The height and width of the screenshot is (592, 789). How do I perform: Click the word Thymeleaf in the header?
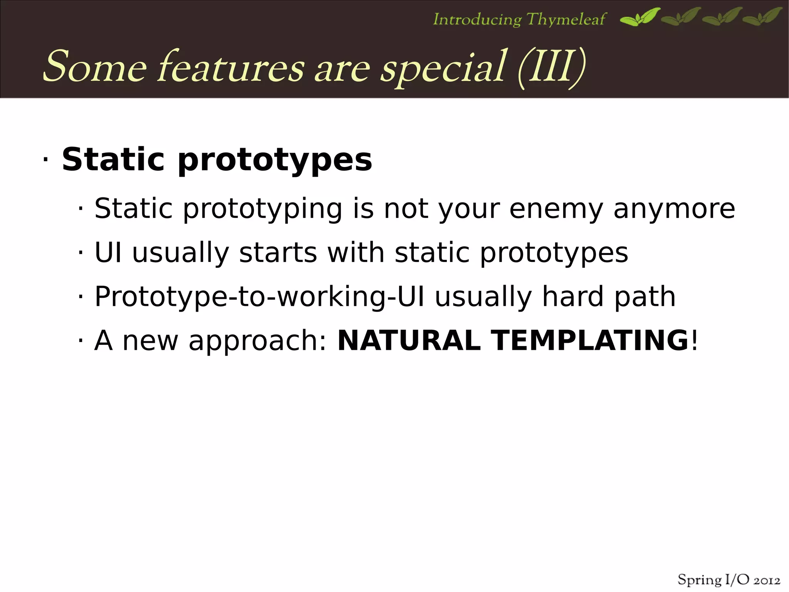[566, 19]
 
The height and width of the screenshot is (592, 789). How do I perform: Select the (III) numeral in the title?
[552, 67]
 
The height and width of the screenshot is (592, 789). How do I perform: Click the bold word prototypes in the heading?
[275, 160]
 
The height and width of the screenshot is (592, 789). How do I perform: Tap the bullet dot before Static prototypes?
[45, 160]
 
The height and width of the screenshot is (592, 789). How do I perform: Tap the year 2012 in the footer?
[767, 580]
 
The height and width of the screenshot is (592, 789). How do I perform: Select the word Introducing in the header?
[477, 19]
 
